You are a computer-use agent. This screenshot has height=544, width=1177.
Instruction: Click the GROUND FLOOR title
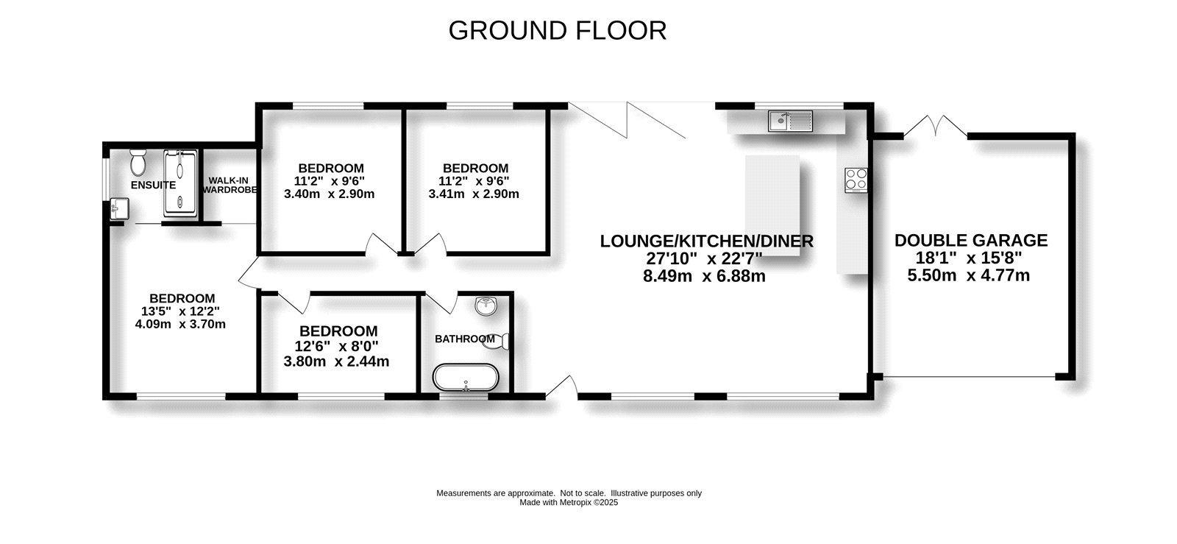point(558,30)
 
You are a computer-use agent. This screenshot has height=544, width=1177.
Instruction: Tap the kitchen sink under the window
point(790,121)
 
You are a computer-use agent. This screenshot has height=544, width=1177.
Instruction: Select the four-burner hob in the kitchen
point(856,180)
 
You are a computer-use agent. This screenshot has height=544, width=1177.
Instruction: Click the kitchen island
point(772,205)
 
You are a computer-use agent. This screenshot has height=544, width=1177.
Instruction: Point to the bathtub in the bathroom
point(466,378)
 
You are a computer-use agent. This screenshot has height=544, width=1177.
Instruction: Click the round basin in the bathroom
point(486,306)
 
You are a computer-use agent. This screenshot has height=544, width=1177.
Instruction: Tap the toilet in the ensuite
point(138,162)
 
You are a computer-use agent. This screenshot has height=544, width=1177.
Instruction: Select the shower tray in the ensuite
point(180,183)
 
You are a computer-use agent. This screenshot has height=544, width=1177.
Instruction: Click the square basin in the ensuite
point(120,209)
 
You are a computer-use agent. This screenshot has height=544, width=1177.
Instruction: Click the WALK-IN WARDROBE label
point(230,185)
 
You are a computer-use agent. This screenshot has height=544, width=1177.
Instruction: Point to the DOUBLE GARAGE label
point(971,240)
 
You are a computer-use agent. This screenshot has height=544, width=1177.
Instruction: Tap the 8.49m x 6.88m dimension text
point(704,276)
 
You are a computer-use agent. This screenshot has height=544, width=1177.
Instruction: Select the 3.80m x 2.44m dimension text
point(336,361)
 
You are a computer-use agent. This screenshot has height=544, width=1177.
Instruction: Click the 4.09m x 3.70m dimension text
point(180,325)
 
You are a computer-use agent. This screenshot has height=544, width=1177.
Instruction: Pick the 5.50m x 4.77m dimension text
point(968,275)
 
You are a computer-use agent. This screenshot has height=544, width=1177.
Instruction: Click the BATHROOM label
point(464,339)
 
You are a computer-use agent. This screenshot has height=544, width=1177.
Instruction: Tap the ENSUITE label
point(153,185)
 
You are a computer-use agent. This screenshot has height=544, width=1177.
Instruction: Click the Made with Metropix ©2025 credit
point(569,503)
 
